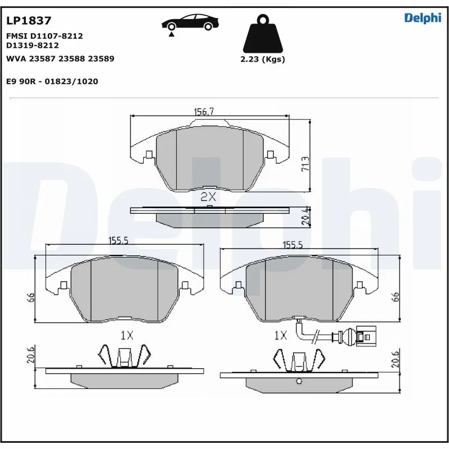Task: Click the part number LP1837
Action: pos(29,21)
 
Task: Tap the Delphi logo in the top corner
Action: pos(423,18)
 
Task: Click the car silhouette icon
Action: pos(190,22)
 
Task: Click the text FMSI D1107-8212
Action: pos(44,36)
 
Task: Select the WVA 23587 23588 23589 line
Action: pos(60,58)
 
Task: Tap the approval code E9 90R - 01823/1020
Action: pos(52,81)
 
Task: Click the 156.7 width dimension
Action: pos(204,112)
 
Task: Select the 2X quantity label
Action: pos(208,196)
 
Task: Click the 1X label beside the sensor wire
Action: pos(280,336)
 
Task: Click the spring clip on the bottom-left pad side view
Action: pos(125,356)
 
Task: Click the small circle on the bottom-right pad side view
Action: pos(299,383)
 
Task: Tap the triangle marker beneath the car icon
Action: pos(171,34)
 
